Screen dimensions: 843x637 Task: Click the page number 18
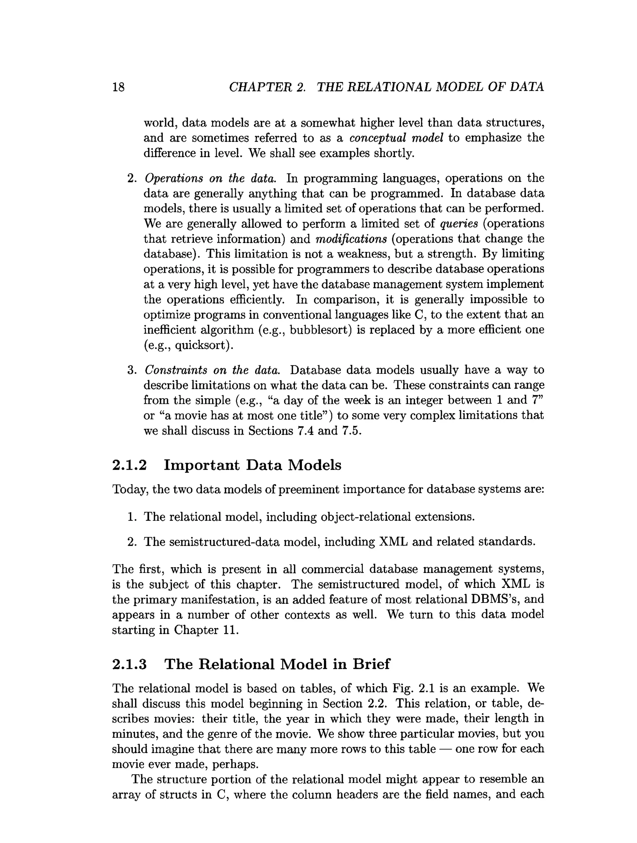(118, 87)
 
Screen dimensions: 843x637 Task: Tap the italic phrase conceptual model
(396, 138)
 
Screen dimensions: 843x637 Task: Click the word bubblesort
(320, 330)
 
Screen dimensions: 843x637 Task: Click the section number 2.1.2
(129, 465)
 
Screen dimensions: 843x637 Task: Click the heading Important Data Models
(253, 465)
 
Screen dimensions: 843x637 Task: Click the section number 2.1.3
(129, 664)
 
